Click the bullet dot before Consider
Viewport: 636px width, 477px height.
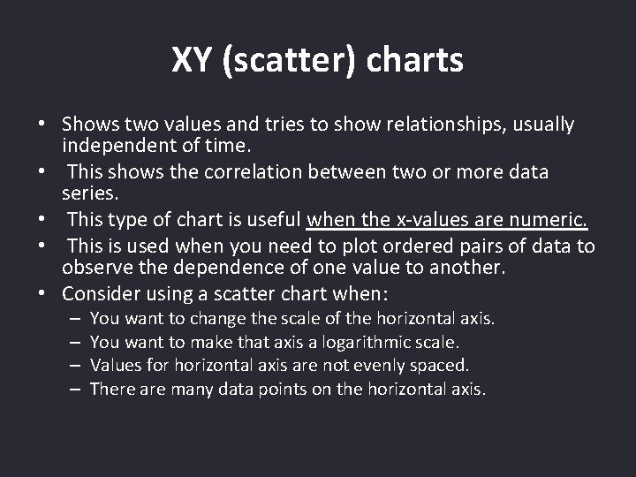coord(42,293)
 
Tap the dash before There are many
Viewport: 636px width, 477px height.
coord(74,387)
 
